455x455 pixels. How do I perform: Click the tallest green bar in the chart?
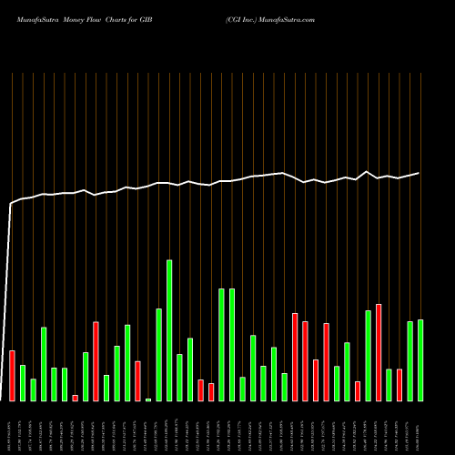point(169,330)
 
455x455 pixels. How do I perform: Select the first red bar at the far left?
point(13,375)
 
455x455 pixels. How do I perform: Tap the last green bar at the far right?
point(420,360)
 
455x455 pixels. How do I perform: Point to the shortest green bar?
point(148,399)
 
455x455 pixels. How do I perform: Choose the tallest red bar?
point(379,352)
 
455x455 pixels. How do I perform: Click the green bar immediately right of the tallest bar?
point(179,377)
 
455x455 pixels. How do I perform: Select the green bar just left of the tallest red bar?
point(369,355)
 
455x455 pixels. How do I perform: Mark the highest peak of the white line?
point(368,171)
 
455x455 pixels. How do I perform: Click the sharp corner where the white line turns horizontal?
point(11,204)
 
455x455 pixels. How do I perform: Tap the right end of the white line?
point(420,173)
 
